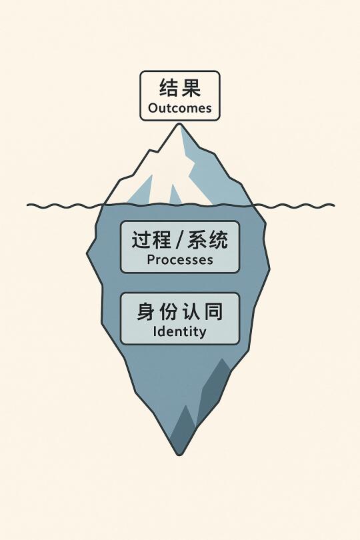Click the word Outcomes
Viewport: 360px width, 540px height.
tap(180, 108)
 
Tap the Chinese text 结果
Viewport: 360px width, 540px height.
tap(180, 87)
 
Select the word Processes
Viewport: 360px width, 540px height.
tap(180, 260)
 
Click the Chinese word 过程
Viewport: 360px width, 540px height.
tap(151, 240)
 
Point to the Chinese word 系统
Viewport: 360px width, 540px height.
tap(208, 240)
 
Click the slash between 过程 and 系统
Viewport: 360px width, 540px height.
tap(179, 240)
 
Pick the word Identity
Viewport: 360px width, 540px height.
tap(180, 331)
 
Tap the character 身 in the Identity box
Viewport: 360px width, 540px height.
tap(145, 311)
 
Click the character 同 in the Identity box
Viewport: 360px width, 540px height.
tap(214, 311)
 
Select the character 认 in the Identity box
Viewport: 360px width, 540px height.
tap(191, 311)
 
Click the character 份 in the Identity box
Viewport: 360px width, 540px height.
tap(169, 311)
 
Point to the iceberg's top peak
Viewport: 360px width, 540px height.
tap(179, 124)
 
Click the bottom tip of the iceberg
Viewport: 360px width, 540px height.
tap(179, 454)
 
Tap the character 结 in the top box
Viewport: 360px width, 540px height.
tap(169, 87)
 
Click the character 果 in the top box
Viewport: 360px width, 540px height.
tap(191, 87)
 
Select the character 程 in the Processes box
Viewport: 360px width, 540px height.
tap(161, 240)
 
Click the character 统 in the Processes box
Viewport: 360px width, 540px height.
tap(219, 240)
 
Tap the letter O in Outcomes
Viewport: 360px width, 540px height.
tap(153, 108)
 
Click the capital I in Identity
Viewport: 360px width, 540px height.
tap(155, 331)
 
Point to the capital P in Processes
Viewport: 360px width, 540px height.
tap(151, 260)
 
